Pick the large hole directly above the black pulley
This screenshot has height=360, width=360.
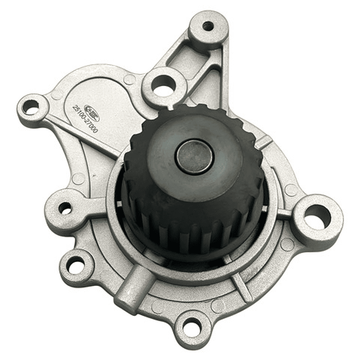[163, 89]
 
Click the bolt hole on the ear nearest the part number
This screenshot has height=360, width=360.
[32, 107]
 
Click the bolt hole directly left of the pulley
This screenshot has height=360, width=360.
[65, 207]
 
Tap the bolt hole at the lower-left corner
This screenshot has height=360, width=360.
[76, 266]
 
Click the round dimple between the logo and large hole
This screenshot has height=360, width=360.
[129, 80]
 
